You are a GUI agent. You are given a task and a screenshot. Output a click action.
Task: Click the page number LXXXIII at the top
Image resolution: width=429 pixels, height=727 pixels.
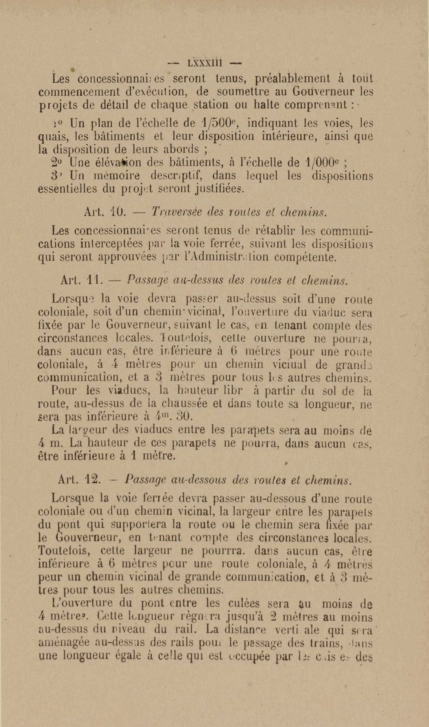(x=204, y=63)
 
